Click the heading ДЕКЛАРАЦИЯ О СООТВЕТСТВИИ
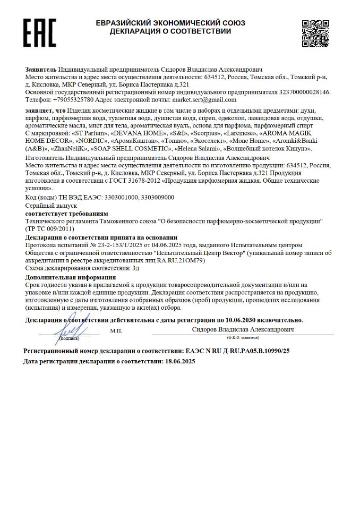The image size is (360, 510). (170, 31)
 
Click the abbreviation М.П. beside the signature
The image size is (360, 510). (116, 331)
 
